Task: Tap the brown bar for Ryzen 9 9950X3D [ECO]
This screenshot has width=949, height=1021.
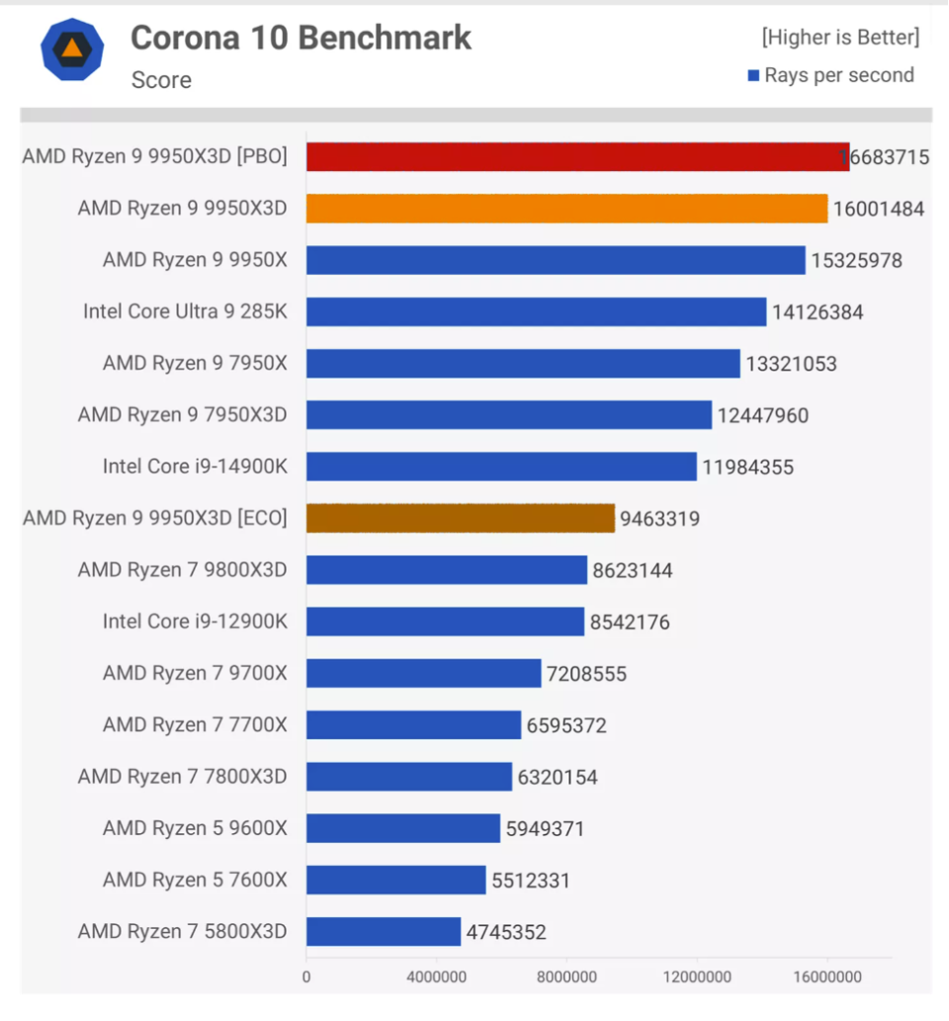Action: pyautogui.click(x=460, y=518)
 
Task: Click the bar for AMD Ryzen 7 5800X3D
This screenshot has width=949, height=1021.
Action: pyautogui.click(x=384, y=931)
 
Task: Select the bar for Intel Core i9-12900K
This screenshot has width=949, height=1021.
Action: pyautogui.click(x=445, y=622)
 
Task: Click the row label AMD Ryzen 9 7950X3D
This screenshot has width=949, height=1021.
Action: pyautogui.click(x=182, y=415)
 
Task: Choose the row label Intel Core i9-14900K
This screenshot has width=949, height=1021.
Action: pyautogui.click(x=195, y=467)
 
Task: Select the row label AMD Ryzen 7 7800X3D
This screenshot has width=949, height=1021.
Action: pyautogui.click(x=182, y=777)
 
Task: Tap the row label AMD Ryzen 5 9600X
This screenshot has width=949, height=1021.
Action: pyautogui.click(x=195, y=828)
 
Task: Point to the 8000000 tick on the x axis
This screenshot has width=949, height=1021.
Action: pyautogui.click(x=566, y=978)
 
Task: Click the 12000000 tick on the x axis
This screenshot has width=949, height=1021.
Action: pyautogui.click(x=696, y=978)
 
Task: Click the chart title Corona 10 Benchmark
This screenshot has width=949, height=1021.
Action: pyautogui.click(x=301, y=38)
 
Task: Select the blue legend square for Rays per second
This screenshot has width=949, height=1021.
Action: pyautogui.click(x=752, y=75)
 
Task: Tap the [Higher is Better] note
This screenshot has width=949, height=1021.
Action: pyautogui.click(x=839, y=38)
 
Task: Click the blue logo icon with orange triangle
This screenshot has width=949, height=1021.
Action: pyautogui.click(x=72, y=49)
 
